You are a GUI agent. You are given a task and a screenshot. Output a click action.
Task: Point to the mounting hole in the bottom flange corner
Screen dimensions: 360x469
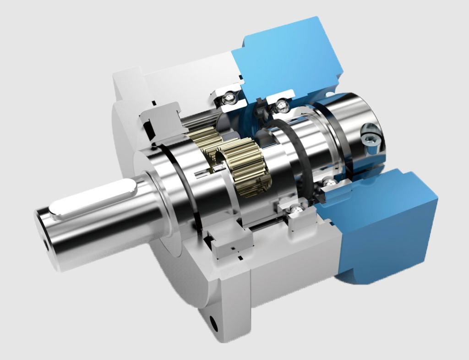tap(213, 321)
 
